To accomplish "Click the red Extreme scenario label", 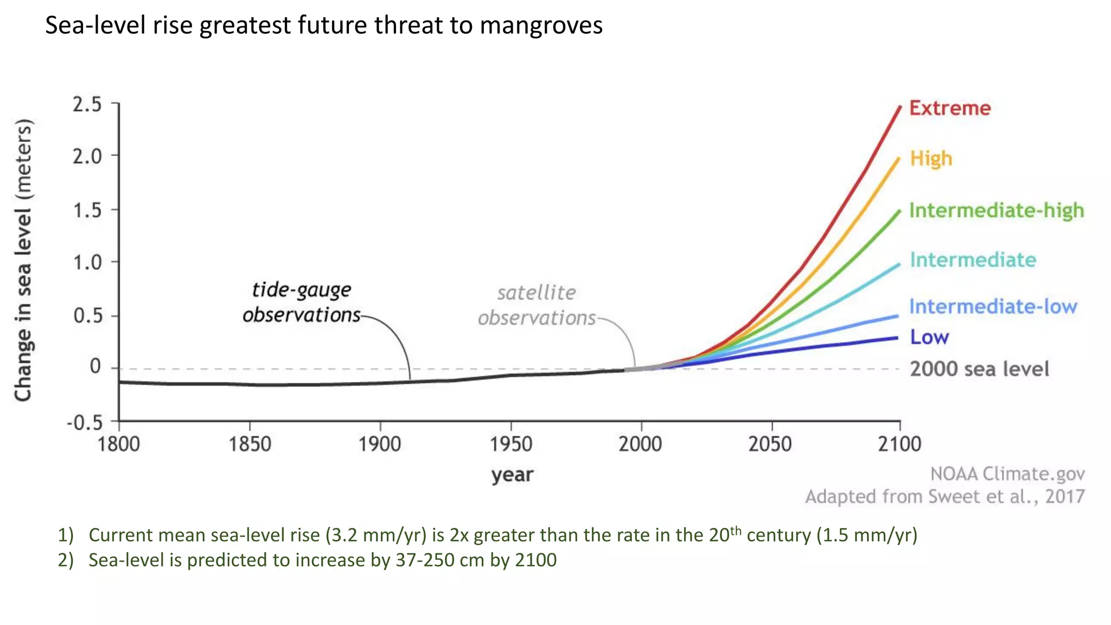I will pos(950,108).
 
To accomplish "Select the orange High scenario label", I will pos(931,158).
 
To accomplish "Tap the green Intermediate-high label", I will pos(997,211).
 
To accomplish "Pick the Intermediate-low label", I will pos(993,307).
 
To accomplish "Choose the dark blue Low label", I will pos(929,337).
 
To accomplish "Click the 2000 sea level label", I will pos(979,369).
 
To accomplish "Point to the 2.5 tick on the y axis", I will pos(87,104).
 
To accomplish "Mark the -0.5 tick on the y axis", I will pos(85,422).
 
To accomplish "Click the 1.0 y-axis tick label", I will pos(87,263).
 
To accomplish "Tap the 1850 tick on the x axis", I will pos(250,444).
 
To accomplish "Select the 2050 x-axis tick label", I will pos(770,444).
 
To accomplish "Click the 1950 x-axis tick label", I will pos(510,444).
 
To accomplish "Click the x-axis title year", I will pos(512,475).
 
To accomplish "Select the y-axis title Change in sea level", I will pos(23,260).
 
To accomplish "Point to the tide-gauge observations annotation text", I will pos(302,302).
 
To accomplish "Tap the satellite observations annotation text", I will pos(537,305).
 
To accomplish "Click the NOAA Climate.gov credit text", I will pos(1007,474).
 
